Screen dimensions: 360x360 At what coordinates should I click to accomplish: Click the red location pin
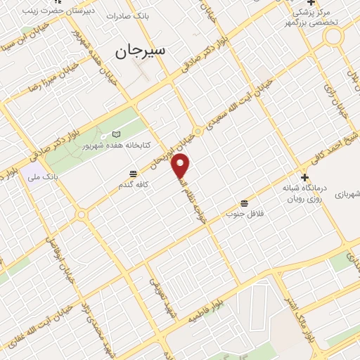tap(182, 167)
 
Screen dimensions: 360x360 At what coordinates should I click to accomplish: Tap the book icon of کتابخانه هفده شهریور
tap(117, 134)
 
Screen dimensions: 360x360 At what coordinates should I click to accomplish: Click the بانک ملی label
tap(41, 174)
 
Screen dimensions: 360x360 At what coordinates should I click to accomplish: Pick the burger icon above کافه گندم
tap(134, 172)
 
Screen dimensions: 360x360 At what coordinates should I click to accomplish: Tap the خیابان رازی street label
tap(330, 98)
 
